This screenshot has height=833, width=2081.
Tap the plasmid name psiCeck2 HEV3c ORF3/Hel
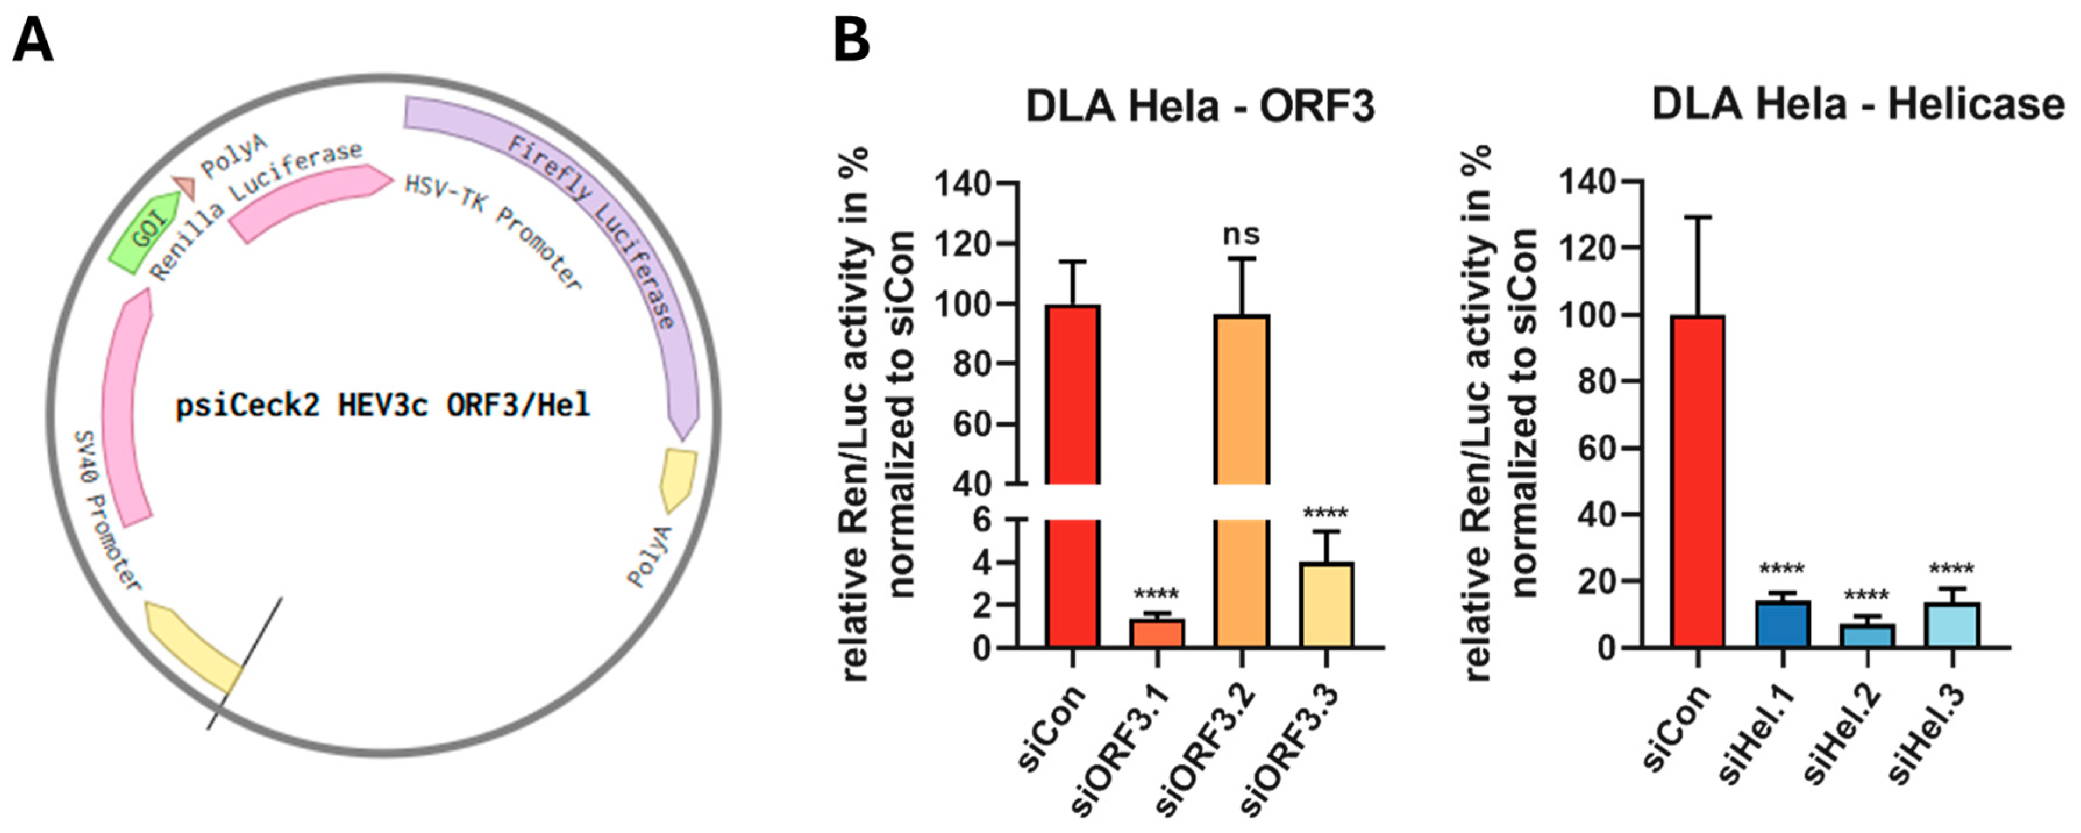(x=383, y=405)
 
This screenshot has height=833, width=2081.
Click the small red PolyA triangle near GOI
(x=185, y=187)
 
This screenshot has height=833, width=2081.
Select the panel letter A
(x=33, y=40)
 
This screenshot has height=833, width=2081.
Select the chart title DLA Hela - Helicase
(x=1857, y=105)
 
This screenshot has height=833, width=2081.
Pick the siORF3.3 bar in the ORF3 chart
(x=1325, y=605)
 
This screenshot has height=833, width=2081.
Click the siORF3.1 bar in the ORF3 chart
(x=1157, y=633)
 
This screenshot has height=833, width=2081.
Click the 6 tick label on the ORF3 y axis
(x=982, y=520)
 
